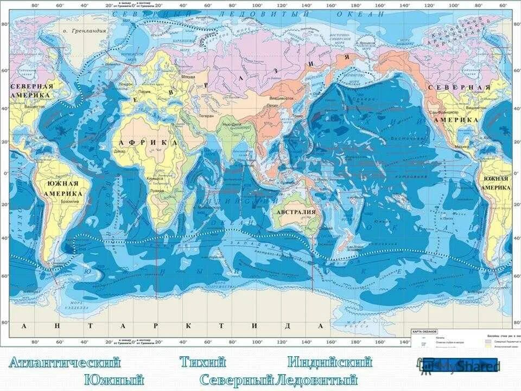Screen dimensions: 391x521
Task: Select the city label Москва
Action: pyautogui.click(x=188, y=77)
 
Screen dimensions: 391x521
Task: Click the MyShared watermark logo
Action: pyautogui.click(x=460, y=367)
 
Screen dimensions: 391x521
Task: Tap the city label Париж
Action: pyautogui.click(x=144, y=92)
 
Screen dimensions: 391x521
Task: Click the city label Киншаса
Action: pyautogui.click(x=154, y=178)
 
